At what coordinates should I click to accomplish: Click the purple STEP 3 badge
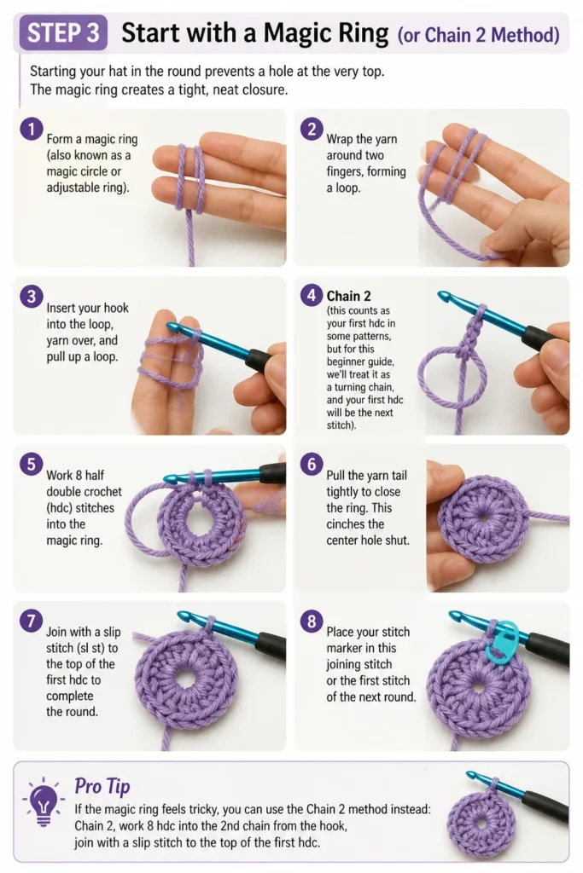point(63,32)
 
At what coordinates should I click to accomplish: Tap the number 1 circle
point(32,130)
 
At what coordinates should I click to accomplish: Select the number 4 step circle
point(312,296)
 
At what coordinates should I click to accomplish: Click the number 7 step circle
point(32,621)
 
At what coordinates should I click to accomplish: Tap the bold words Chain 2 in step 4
point(348,296)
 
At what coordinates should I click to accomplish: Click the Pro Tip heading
point(102,785)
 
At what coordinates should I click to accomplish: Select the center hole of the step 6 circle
point(483,517)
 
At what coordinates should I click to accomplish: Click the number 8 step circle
point(312,621)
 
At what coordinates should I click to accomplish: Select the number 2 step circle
point(312,130)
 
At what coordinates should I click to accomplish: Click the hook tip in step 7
point(183,616)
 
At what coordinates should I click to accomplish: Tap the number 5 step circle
point(32,464)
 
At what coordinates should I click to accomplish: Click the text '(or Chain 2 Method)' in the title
point(478,35)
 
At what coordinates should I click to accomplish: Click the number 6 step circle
point(312,464)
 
